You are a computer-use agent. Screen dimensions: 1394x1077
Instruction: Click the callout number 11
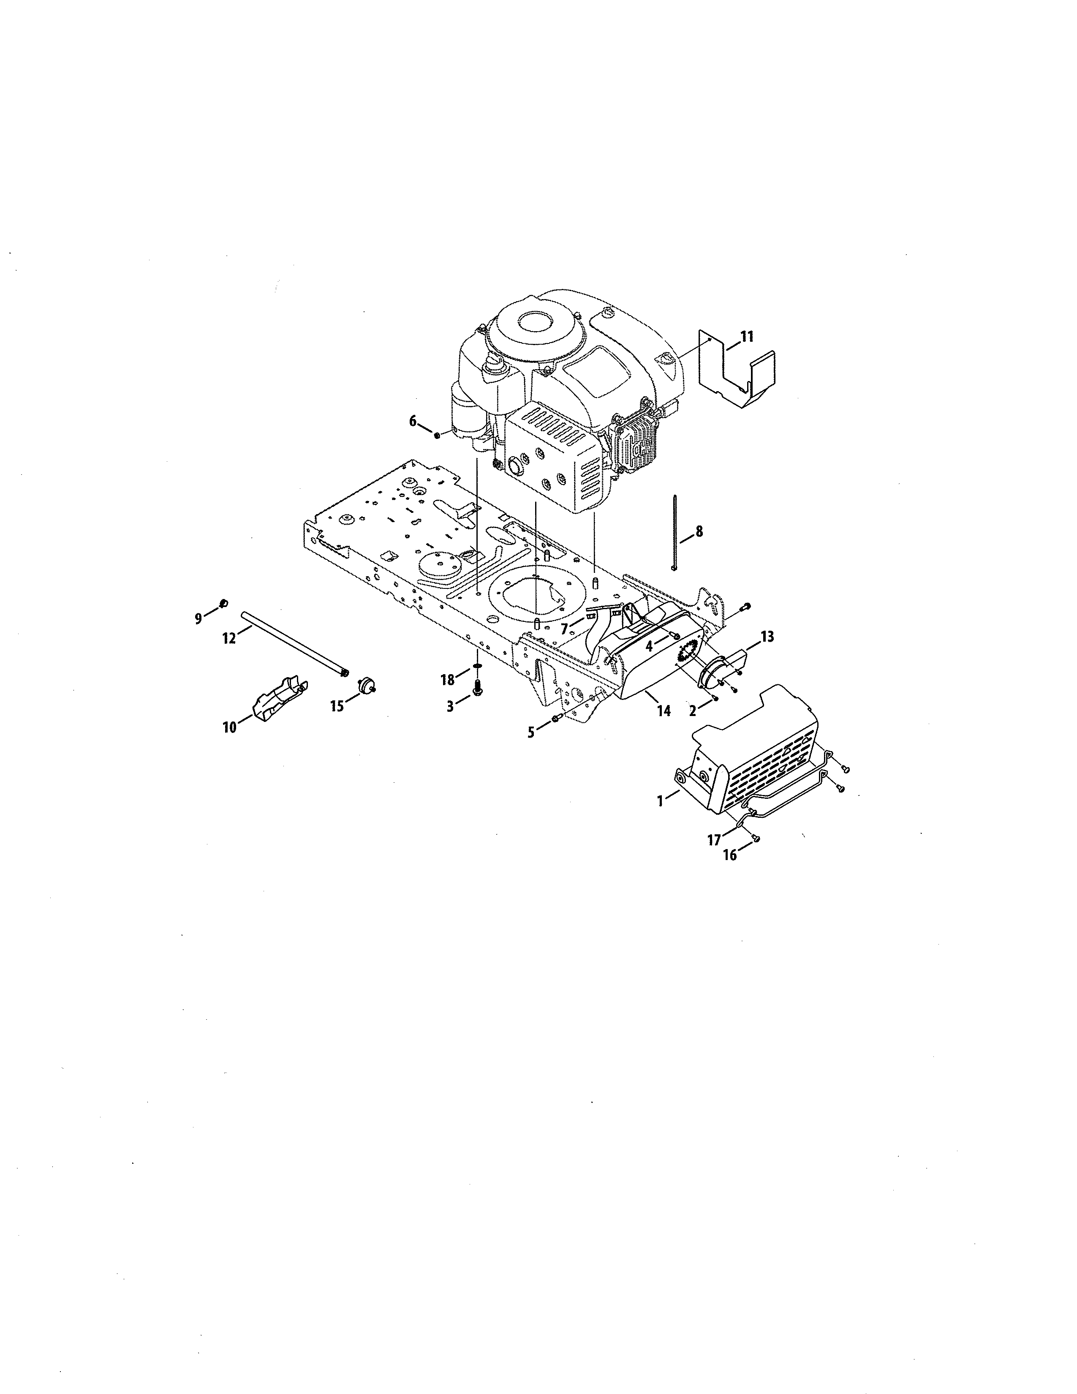746,336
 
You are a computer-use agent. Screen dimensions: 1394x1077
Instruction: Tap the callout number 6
413,421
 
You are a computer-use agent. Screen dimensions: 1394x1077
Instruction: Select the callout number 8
699,531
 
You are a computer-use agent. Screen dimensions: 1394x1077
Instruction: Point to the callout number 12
229,637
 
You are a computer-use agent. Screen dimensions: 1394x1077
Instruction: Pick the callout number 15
337,705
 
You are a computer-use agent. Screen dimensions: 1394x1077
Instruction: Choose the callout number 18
448,680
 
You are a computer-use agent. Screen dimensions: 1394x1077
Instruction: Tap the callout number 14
664,711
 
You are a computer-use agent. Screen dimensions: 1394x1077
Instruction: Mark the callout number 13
767,636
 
